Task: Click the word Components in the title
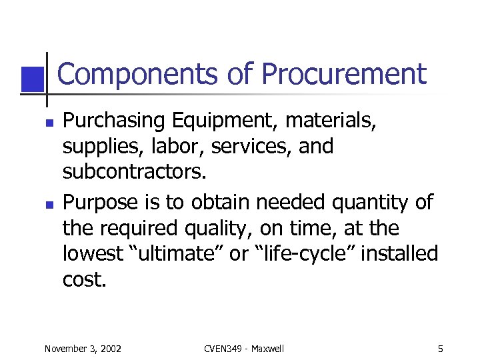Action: point(137,75)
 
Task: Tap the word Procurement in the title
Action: point(343,75)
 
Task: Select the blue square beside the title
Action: point(33,79)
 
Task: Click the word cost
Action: point(84,280)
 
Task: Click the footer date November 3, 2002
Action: point(83,349)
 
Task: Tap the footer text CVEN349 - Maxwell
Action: point(243,349)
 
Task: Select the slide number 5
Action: point(441,349)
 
